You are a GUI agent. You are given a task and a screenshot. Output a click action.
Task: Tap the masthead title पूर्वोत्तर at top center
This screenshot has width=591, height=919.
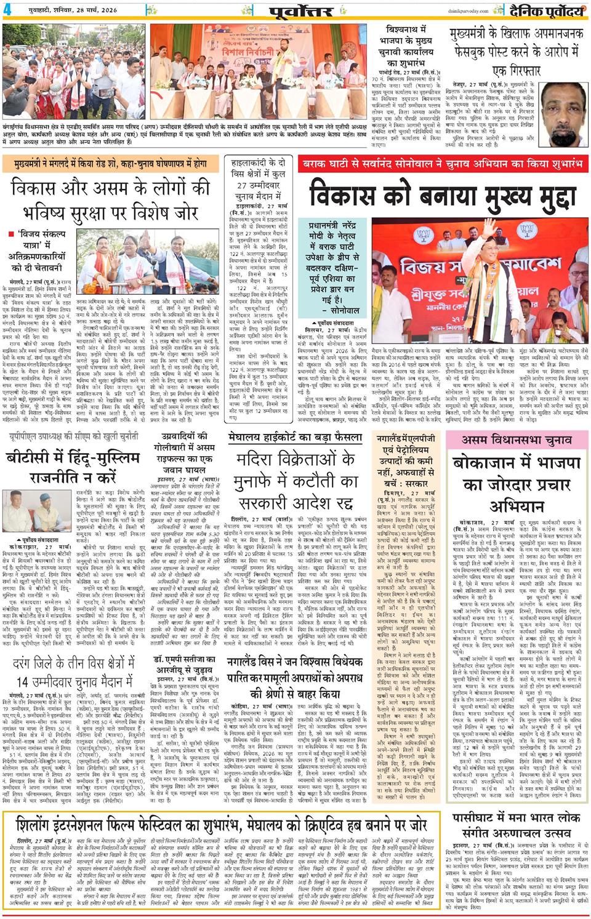click(x=305, y=11)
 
